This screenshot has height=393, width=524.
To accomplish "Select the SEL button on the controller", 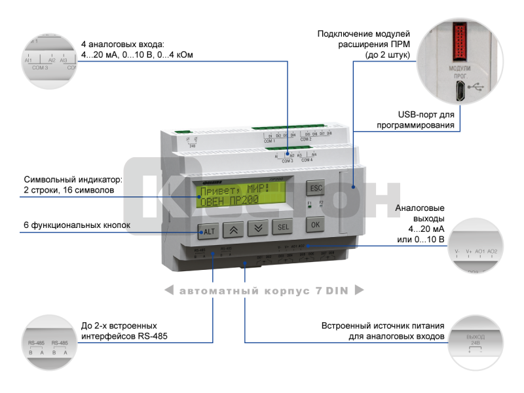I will click(282, 227).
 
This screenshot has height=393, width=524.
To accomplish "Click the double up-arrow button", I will click(234, 229).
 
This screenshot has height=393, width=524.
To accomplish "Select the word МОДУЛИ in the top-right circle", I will click(460, 69).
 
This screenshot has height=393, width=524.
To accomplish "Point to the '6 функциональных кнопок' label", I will click(77, 225).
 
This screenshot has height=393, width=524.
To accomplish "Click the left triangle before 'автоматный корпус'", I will click(168, 291).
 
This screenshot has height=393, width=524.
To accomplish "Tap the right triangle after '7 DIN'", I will click(358, 291).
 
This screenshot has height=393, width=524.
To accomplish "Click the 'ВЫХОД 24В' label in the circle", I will click(476, 339).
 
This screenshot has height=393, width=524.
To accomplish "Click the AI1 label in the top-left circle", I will click(28, 60).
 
